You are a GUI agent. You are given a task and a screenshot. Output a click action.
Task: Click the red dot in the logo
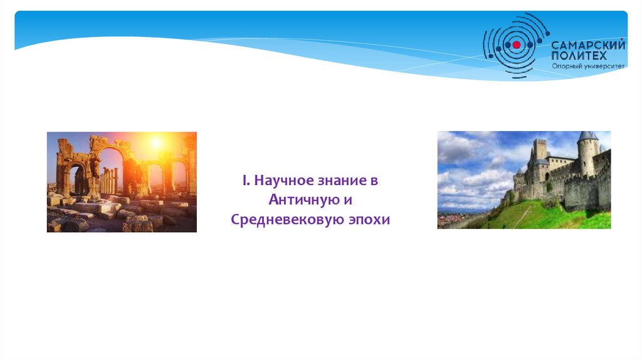point(517,45)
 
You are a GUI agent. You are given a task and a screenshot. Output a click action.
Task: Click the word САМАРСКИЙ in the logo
point(588,45)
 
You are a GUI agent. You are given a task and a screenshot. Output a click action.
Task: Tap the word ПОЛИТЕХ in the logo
point(579,56)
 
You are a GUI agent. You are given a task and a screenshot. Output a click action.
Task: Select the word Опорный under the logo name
point(566,66)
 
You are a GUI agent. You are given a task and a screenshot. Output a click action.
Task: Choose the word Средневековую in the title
point(287,220)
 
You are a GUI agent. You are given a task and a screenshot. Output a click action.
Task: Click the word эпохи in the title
point(369,220)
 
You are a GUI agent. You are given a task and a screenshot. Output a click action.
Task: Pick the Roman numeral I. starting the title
point(246,180)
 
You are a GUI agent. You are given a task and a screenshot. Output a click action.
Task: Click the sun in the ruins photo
point(155,144)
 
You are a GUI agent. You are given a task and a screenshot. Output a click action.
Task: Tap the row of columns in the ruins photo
point(108,180)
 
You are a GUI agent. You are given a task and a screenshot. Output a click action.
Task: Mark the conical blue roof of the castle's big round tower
point(588,136)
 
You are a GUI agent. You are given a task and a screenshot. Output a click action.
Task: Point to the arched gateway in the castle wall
point(547,177)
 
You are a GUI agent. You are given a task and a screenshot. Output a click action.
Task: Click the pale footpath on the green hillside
point(521,216)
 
